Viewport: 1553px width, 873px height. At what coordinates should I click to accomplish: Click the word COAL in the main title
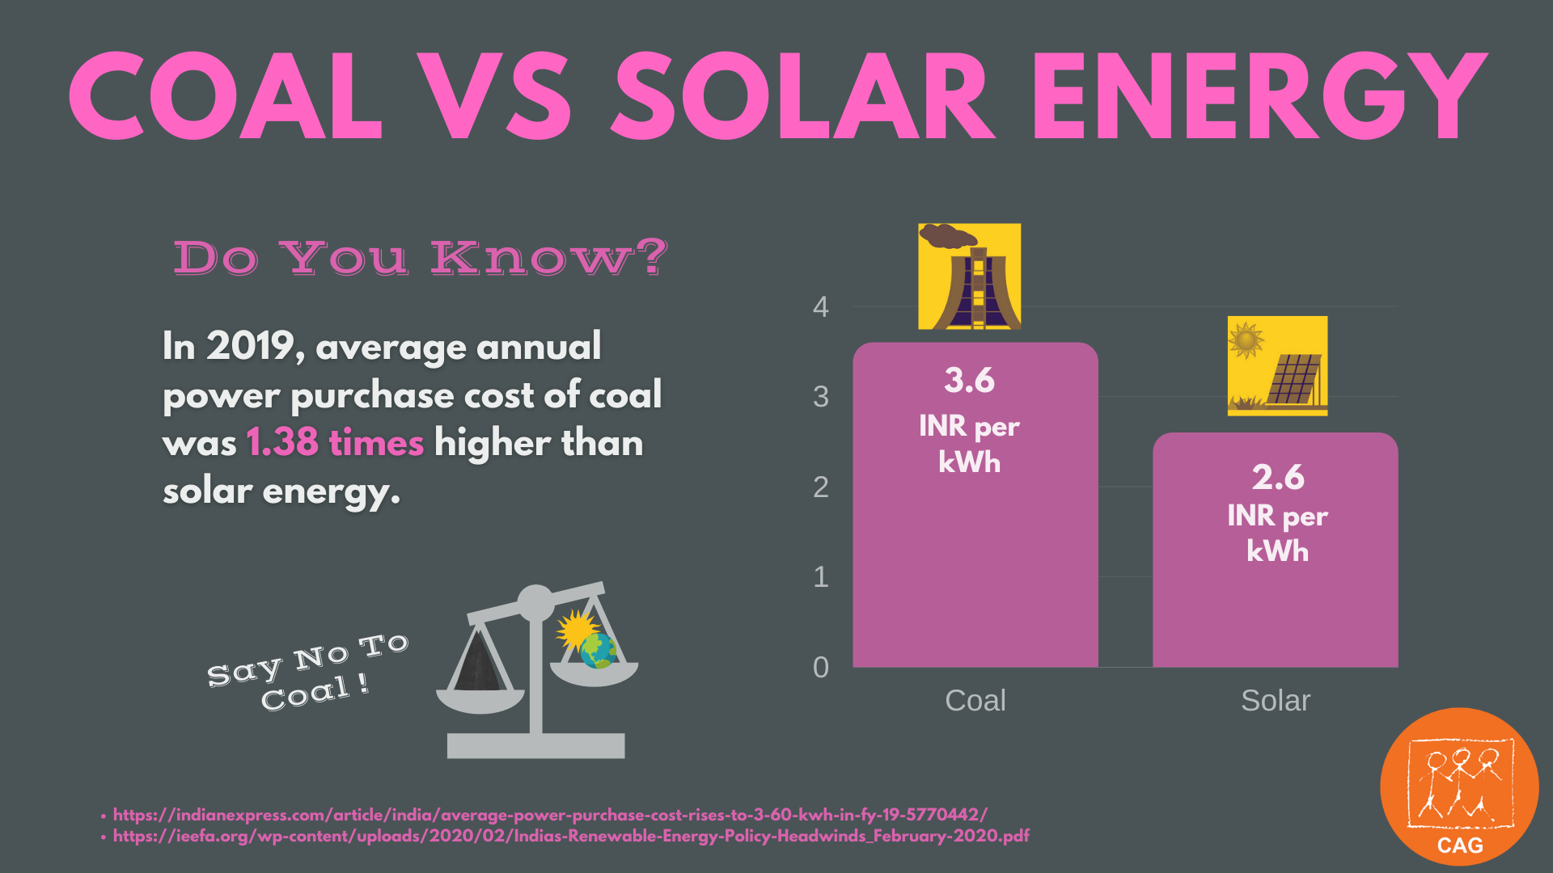point(225,97)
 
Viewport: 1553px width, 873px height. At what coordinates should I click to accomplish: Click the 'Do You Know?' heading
point(421,258)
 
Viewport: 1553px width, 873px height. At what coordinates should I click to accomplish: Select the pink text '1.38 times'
point(334,443)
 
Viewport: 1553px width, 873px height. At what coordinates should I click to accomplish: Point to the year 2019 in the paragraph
point(250,346)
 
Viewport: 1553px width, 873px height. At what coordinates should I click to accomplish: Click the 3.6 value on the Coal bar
point(969,381)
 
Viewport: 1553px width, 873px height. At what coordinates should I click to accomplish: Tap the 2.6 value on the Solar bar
point(1278,478)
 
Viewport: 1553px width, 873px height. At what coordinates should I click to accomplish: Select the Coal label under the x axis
point(975,701)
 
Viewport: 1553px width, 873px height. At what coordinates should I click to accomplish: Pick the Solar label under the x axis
point(1276,701)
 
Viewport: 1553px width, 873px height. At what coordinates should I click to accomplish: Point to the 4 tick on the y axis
point(821,307)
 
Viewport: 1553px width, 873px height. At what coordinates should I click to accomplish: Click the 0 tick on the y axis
point(821,668)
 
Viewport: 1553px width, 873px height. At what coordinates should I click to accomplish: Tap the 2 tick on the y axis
point(821,487)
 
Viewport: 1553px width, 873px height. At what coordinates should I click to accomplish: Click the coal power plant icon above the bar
point(969,276)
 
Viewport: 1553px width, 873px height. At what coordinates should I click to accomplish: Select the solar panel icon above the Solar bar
point(1277,366)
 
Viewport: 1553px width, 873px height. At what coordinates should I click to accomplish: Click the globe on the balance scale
point(599,651)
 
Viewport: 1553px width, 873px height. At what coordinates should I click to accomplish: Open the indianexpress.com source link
point(550,815)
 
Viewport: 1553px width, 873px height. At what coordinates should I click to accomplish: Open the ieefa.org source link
point(570,836)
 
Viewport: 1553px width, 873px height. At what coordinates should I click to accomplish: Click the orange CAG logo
point(1459,787)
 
